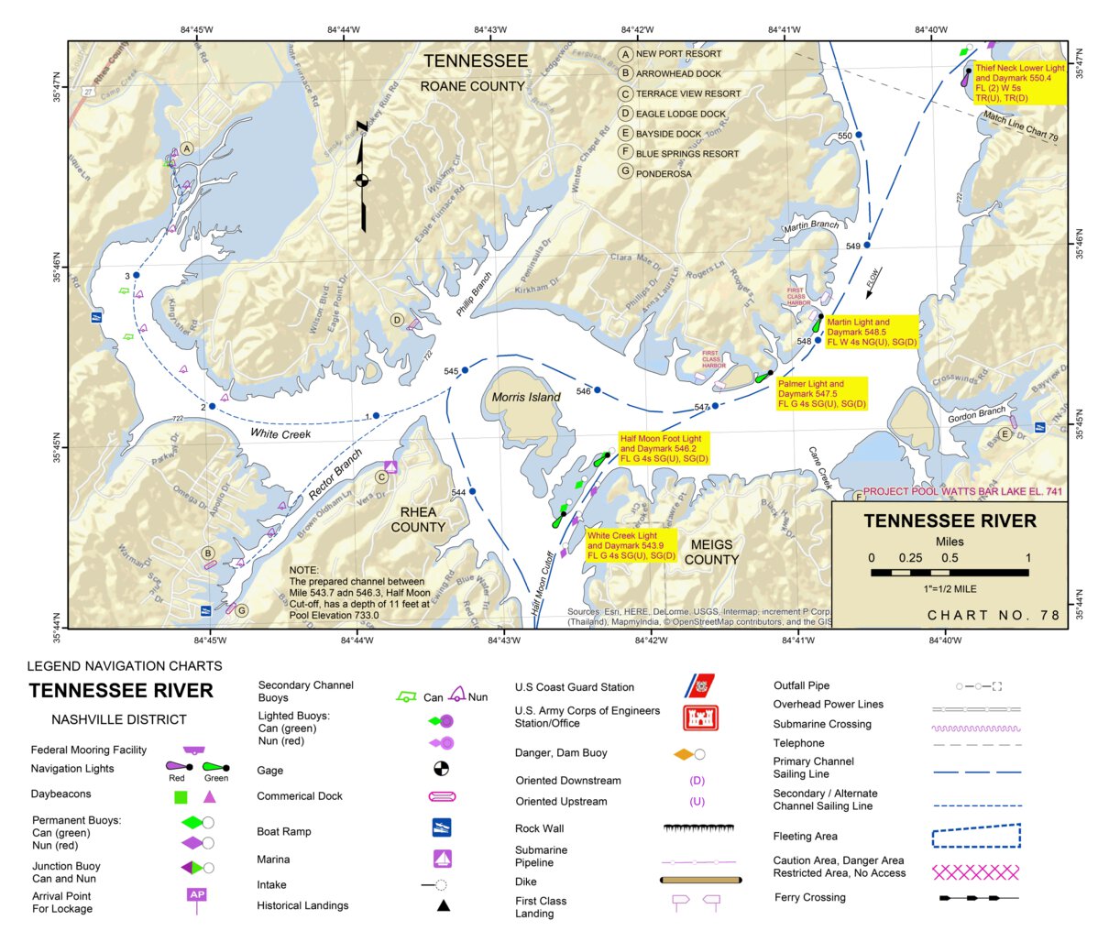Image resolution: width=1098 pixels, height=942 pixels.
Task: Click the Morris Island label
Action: click(525, 397)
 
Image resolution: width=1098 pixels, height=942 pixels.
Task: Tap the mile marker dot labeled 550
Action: click(859, 135)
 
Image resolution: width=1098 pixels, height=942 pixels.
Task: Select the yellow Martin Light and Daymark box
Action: click(871, 332)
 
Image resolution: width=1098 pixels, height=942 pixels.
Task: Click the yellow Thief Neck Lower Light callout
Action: click(1019, 83)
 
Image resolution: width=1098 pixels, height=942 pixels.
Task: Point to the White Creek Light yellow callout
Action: click(631, 545)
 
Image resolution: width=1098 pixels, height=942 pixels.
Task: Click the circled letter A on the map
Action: click(187, 148)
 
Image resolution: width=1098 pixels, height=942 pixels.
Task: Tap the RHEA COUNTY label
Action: click(418, 520)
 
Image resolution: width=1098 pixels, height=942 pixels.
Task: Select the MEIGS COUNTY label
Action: click(710, 552)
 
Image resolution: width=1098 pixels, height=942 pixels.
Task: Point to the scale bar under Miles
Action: click(950, 572)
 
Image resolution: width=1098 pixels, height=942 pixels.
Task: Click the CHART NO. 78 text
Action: click(994, 615)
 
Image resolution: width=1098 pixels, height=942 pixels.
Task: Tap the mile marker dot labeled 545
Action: click(465, 370)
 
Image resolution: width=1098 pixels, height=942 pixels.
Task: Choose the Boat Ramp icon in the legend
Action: click(442, 827)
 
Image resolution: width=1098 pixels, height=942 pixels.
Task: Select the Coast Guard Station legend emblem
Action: click(700, 685)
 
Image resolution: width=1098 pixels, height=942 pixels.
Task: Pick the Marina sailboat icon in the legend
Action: click(443, 859)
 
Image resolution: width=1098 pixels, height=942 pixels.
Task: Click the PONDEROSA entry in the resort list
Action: click(663, 173)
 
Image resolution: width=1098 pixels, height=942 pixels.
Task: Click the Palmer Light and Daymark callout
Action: click(821, 394)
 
